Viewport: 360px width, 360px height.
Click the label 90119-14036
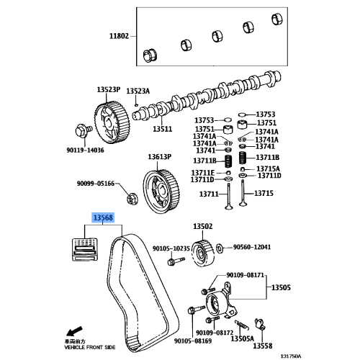[85, 150]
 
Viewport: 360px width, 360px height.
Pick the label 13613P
[161, 156]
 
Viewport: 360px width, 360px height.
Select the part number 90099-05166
[96, 184]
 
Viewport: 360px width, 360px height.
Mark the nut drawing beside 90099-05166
[132, 195]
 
